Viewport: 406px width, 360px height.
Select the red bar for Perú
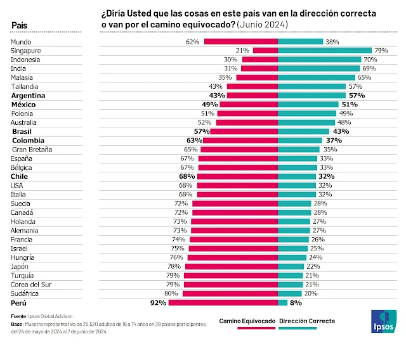click(x=223, y=303)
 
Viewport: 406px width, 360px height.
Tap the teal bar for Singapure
click(x=324, y=50)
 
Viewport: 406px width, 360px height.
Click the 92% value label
click(x=158, y=303)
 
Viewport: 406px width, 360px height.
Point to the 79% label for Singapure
click(x=381, y=50)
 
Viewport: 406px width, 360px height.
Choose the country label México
click(x=23, y=104)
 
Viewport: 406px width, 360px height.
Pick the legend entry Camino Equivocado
click(x=247, y=321)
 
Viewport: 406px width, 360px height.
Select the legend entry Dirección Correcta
click(x=306, y=321)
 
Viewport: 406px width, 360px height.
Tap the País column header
click(x=20, y=25)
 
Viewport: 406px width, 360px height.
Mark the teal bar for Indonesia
click(x=319, y=59)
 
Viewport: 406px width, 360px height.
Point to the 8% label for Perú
click(x=296, y=303)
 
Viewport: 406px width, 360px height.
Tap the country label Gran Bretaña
click(x=31, y=150)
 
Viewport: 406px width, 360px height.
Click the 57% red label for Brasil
click(x=201, y=131)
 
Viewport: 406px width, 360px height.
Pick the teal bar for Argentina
click(x=311, y=95)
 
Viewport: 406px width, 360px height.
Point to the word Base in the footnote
click(x=17, y=324)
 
